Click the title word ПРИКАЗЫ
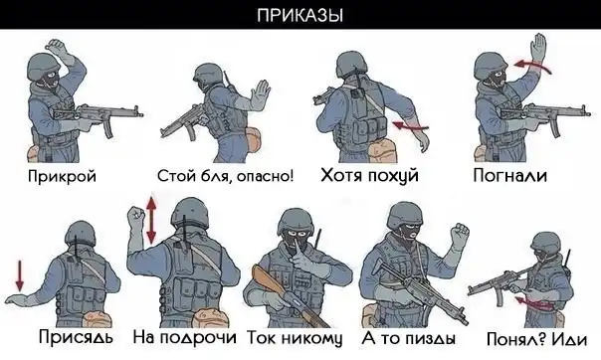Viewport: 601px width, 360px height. click(x=300, y=16)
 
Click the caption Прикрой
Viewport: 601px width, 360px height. click(x=62, y=177)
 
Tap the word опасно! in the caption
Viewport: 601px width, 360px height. click(x=265, y=176)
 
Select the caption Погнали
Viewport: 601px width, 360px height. click(x=509, y=175)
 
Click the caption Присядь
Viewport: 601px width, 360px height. click(x=76, y=337)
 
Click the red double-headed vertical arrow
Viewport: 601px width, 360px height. click(x=152, y=220)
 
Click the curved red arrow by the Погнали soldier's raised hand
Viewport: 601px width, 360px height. click(x=532, y=66)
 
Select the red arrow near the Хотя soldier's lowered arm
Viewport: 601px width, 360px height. click(x=411, y=125)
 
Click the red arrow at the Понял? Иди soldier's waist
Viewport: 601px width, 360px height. click(x=533, y=302)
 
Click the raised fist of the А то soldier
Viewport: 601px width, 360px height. click(x=459, y=234)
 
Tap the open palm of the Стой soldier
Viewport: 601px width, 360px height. click(x=261, y=93)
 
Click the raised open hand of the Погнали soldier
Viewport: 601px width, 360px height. click(x=539, y=47)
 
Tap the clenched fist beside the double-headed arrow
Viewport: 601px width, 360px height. click(x=135, y=218)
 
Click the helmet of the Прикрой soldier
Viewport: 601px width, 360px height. click(x=43, y=66)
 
